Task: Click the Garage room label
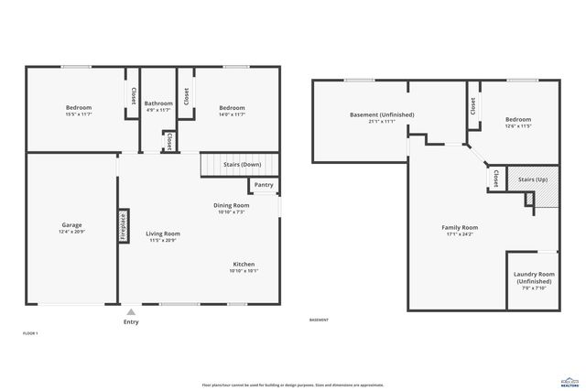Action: click(x=71, y=225)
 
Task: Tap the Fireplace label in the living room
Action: click(x=122, y=226)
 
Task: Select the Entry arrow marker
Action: click(x=132, y=312)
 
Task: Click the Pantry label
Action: click(x=264, y=185)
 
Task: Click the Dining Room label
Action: click(x=233, y=205)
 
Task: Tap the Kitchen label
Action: click(x=243, y=264)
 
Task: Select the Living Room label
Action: click(x=163, y=234)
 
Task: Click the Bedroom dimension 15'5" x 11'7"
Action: click(x=78, y=114)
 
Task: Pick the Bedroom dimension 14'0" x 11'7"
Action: click(x=232, y=114)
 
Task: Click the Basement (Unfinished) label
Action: click(x=382, y=114)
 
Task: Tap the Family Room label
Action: click(x=461, y=227)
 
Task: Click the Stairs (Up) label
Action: click(x=532, y=179)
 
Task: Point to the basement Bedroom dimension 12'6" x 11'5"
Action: click(x=518, y=125)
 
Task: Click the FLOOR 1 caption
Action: click(x=30, y=334)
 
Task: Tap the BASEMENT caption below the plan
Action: click(x=319, y=320)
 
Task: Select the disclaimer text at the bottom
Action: click(x=292, y=384)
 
